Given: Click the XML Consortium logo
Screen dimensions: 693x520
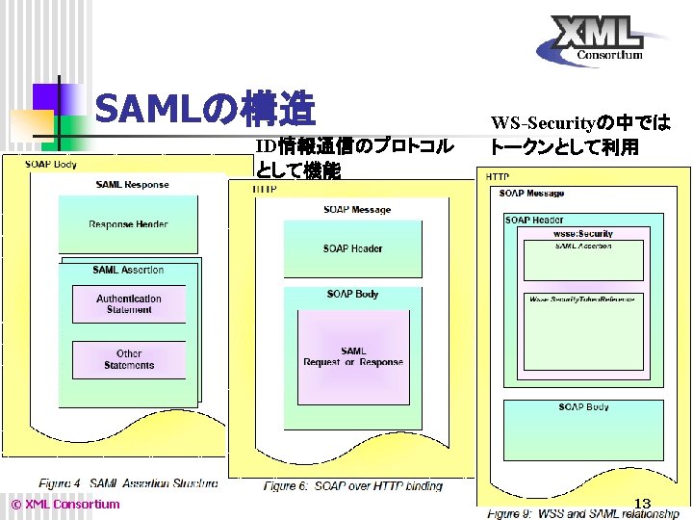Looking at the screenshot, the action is [603, 40].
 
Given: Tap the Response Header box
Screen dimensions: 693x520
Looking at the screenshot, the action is [128, 224].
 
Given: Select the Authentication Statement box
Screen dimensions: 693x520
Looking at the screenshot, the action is [129, 304].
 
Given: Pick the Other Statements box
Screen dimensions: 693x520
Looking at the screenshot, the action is [129, 359].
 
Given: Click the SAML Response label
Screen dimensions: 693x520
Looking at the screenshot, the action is [132, 185].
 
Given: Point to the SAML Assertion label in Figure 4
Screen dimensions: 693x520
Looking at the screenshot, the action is [128, 270].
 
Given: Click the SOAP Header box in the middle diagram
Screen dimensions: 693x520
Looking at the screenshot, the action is [352, 248].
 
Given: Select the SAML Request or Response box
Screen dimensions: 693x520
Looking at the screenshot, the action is [352, 356].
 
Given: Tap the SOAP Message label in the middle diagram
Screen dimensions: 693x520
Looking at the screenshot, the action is [357, 209].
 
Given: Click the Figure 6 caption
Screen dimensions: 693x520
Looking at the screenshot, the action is [353, 486].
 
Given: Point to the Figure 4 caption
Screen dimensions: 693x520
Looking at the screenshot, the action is [127, 481].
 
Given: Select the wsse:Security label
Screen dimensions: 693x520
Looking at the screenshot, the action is [582, 234].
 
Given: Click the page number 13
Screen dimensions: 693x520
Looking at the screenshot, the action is [643, 502].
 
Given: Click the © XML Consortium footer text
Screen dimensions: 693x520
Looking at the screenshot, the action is [64, 504].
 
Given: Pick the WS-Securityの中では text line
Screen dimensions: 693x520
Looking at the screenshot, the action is [579, 123].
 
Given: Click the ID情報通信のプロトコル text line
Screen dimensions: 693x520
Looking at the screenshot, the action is [353, 146].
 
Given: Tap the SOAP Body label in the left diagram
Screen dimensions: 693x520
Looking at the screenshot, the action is [51, 164].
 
